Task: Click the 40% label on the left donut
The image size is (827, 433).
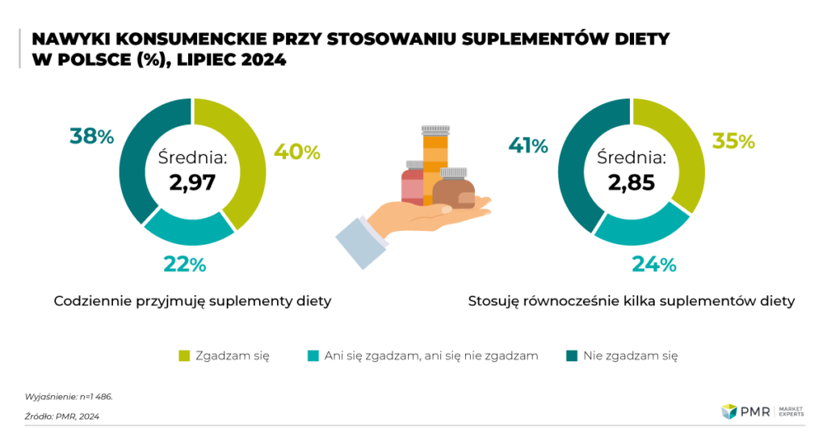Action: click(297, 152)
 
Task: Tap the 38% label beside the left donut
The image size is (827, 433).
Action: click(91, 137)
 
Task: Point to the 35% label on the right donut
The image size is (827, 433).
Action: click(733, 141)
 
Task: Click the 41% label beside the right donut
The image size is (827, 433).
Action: click(527, 145)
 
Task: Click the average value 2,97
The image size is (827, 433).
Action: click(192, 182)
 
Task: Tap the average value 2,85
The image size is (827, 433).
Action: click(632, 182)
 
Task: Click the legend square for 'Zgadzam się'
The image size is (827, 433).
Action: click(183, 355)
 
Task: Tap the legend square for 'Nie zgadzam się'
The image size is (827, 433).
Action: click(571, 355)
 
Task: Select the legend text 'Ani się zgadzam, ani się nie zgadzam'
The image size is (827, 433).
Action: click(430, 355)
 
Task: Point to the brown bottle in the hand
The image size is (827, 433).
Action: click(454, 191)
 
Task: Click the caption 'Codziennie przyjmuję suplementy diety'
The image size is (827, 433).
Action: click(193, 301)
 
